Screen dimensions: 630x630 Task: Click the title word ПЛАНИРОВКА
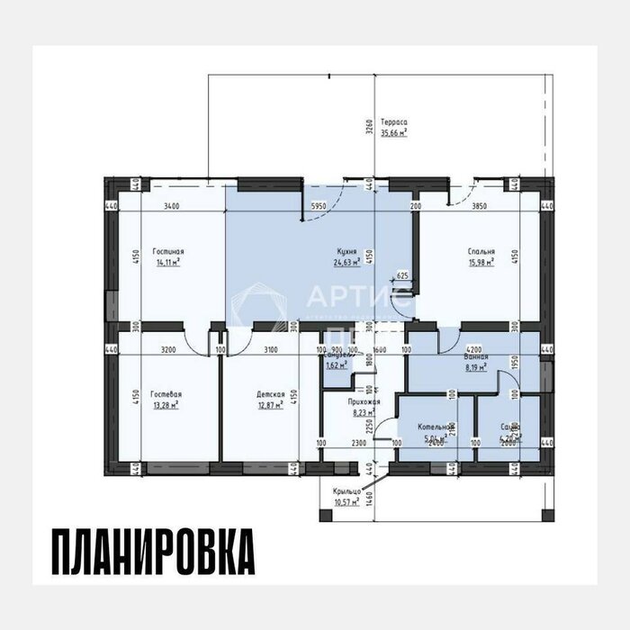[x=152, y=551]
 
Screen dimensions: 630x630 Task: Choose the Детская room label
[x=270, y=394]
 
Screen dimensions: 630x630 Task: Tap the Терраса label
[x=393, y=121]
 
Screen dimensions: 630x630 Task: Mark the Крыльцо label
[x=346, y=490]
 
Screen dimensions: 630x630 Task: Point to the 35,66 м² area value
[x=393, y=132]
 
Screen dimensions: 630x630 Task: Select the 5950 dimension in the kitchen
[x=319, y=206]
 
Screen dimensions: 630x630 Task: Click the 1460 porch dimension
[x=368, y=492]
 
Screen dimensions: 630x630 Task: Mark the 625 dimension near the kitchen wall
[x=402, y=275]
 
